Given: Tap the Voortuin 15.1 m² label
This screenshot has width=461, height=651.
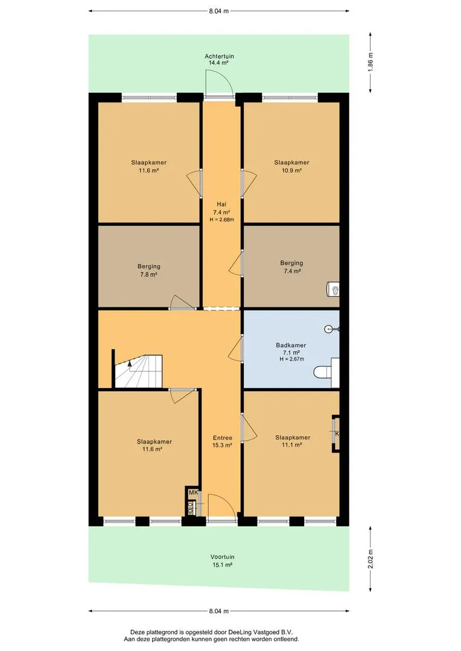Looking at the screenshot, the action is pyautogui.click(x=222, y=561).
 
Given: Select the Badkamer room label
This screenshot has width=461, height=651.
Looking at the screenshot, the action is pyautogui.click(x=291, y=345).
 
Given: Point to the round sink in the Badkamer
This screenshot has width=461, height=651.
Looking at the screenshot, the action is pyautogui.click(x=331, y=329).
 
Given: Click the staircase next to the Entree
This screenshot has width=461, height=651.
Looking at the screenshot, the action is pyautogui.click(x=138, y=371).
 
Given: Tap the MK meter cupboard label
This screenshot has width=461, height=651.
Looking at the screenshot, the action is pyautogui.click(x=193, y=492).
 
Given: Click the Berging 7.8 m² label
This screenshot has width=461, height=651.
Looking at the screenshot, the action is pyautogui.click(x=149, y=270).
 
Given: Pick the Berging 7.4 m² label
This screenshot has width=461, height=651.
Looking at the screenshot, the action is pyautogui.click(x=291, y=267).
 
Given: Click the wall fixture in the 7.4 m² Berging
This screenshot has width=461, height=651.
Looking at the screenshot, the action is pyautogui.click(x=333, y=289).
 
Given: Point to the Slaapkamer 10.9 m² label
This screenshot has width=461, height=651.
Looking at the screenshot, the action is pyautogui.click(x=291, y=166).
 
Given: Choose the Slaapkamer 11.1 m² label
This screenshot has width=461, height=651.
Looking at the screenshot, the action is pyautogui.click(x=293, y=441).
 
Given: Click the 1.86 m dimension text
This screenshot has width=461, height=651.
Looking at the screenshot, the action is pyautogui.click(x=370, y=62).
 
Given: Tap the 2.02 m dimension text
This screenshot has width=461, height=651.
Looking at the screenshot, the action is pyautogui.click(x=370, y=559).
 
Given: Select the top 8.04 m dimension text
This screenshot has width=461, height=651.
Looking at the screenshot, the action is pyautogui.click(x=218, y=11).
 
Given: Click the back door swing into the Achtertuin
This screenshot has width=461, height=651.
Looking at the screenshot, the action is pyautogui.click(x=219, y=83).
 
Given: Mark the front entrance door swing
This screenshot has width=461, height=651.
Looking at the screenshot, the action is pyautogui.click(x=222, y=506).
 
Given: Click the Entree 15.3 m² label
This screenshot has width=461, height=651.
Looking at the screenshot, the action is pyautogui.click(x=223, y=441).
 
